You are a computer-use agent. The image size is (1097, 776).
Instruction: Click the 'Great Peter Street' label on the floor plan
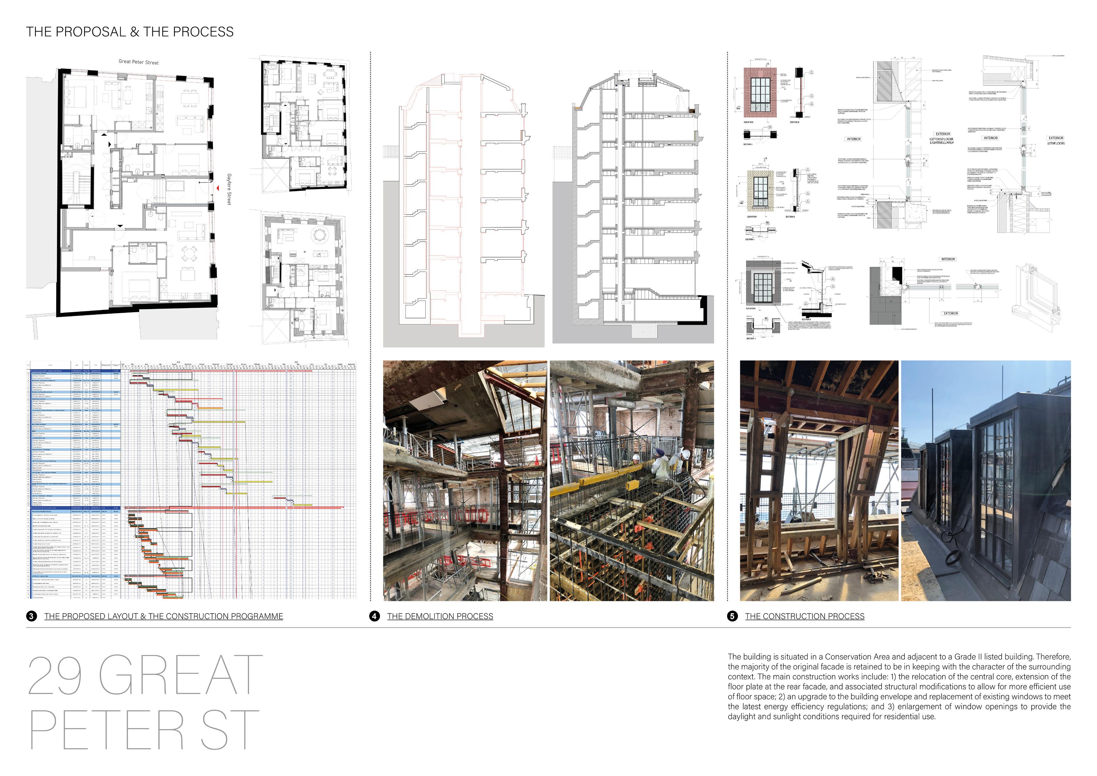click(139, 62)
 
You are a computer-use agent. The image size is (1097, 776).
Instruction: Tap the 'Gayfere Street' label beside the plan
click(229, 190)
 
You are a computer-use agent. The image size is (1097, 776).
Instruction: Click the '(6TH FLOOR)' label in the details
click(1056, 143)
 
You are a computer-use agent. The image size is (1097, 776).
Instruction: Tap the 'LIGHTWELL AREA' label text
click(941, 142)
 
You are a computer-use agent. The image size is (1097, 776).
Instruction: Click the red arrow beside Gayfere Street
click(218, 189)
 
